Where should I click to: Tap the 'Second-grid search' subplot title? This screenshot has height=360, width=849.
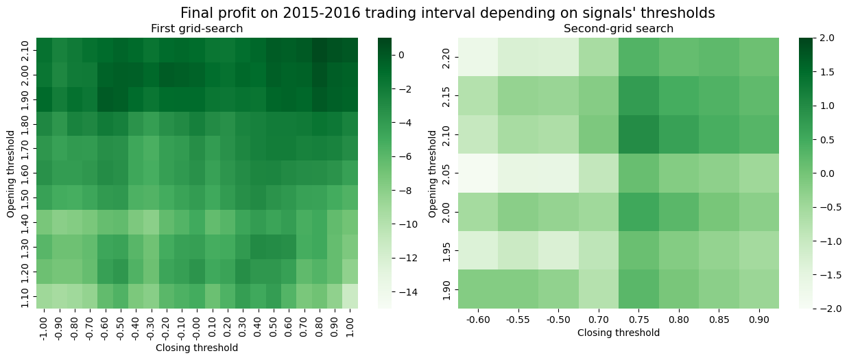pyautogui.click(x=618, y=29)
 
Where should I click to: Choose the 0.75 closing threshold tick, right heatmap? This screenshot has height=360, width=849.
pyautogui.click(x=638, y=319)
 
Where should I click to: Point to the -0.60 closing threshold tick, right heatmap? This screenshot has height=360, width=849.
pyautogui.click(x=478, y=319)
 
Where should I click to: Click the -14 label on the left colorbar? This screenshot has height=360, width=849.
pyautogui.click(x=405, y=292)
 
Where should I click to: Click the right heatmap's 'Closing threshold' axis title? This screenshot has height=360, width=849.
pyautogui.click(x=618, y=333)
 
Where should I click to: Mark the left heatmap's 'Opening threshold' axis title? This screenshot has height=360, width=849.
pyautogui.click(x=12, y=173)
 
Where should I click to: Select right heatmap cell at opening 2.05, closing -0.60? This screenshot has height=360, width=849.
pyautogui.click(x=478, y=174)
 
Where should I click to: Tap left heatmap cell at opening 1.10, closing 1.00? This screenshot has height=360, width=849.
pyautogui.click(x=349, y=296)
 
